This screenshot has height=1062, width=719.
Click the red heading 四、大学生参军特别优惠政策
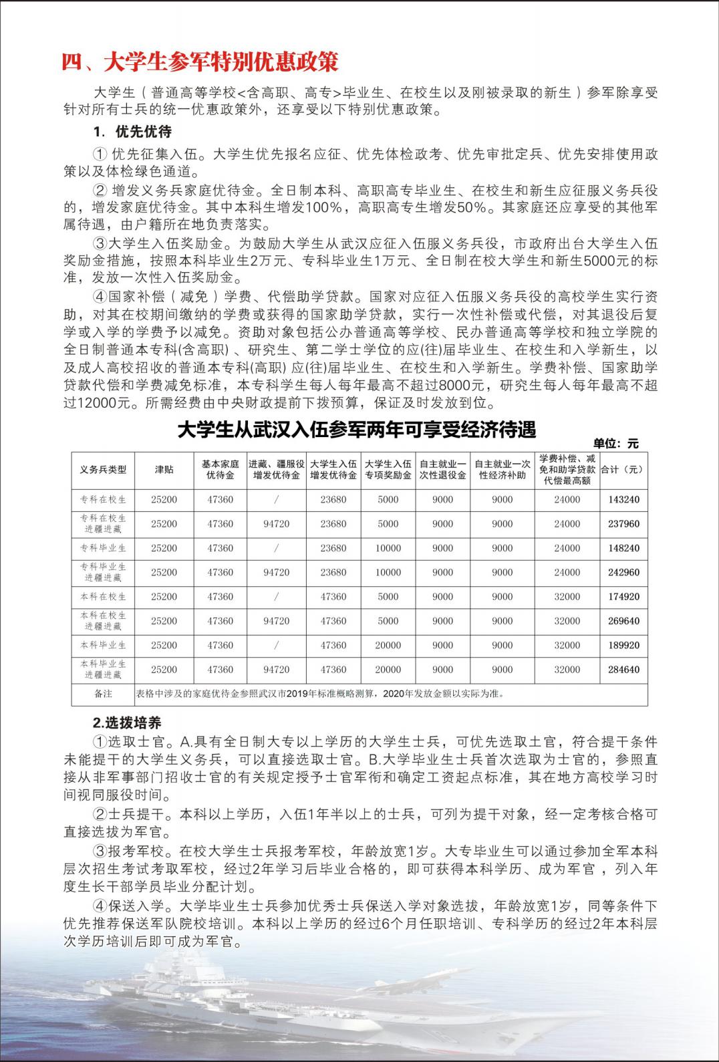[x=200, y=61]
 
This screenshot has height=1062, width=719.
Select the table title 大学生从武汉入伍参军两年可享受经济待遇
[x=357, y=429]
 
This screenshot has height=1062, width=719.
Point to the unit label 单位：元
[x=615, y=443]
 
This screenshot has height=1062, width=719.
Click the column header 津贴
[x=164, y=469]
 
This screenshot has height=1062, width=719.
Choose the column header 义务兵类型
[x=103, y=469]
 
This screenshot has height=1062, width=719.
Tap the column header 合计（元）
[x=623, y=469]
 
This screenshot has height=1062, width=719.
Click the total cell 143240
[x=623, y=499]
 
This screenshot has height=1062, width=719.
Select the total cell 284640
[x=623, y=669]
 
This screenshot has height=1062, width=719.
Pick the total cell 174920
[x=623, y=596]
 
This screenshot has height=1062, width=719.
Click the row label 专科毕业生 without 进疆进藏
[x=103, y=548]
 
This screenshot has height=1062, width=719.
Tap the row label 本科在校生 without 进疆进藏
[x=103, y=596]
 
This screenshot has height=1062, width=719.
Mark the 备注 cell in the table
[x=103, y=694]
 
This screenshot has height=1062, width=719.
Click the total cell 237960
[x=623, y=523]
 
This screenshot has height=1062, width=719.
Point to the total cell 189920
[x=623, y=645]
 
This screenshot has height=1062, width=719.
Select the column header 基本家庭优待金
[x=220, y=469]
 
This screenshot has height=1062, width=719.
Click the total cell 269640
[x=623, y=621]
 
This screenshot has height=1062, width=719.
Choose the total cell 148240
[x=623, y=548]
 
